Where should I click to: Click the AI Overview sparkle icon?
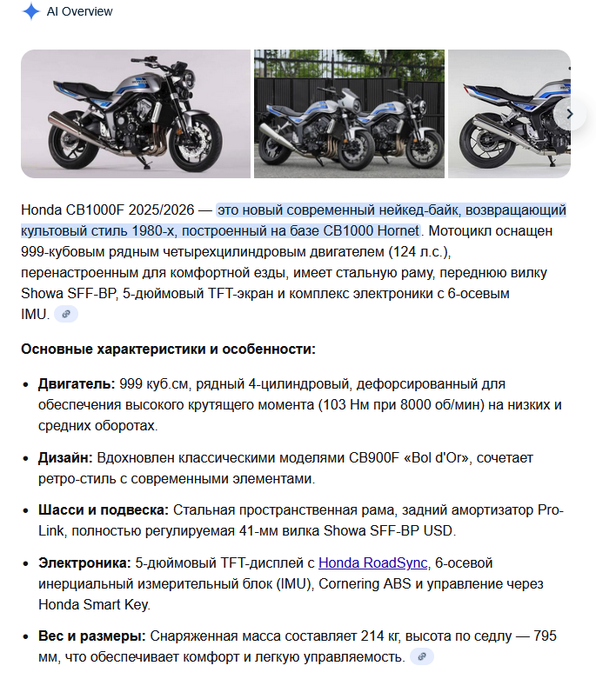31,12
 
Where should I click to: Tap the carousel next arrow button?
570,113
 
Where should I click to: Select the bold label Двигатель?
75,384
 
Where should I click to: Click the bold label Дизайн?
65,456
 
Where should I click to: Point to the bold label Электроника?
86,563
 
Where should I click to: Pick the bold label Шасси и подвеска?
104,509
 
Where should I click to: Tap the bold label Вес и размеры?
90,636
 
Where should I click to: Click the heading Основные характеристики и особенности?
168,349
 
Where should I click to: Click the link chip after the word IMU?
66,314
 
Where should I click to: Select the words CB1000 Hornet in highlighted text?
372,230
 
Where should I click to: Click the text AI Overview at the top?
79,12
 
